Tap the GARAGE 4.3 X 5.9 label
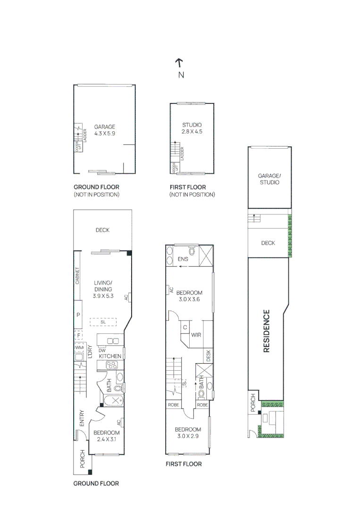coord(104,130)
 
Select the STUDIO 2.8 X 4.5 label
coord(192,128)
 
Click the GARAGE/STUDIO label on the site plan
coord(268,178)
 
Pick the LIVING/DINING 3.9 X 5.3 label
coord(103,289)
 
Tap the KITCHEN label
coord(110,356)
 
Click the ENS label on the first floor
coord(184,259)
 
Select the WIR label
coord(197,335)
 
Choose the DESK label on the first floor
coord(209,356)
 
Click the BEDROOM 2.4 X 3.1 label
coord(106,435)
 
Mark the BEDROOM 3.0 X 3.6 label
coord(190,296)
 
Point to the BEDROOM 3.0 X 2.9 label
coord(188,433)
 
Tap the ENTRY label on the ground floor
coord(82,418)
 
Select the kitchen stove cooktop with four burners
coord(113,365)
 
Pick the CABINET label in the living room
coord(77,276)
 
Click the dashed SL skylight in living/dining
coord(103,322)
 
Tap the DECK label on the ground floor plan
coord(102,230)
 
